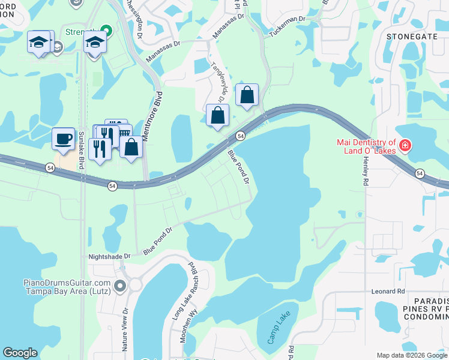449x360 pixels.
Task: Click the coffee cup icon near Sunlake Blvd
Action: coord(63,139)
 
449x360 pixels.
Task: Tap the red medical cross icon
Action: coord(405,145)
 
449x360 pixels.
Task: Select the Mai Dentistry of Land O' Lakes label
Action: coord(366,146)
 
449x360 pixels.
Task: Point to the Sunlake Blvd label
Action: coord(82,146)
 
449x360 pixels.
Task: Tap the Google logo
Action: coord(20,353)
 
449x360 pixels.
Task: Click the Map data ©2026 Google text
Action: coord(411,355)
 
